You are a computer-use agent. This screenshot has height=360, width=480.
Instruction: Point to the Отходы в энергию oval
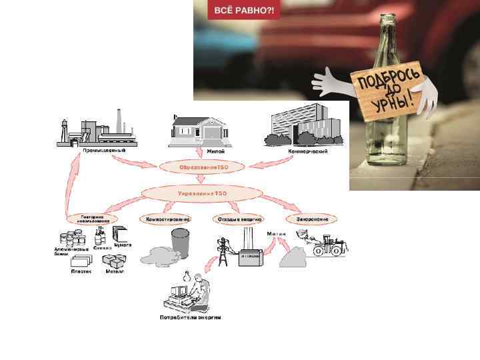click(x=239, y=218)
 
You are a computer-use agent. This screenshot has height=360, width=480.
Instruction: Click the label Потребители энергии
click(x=190, y=318)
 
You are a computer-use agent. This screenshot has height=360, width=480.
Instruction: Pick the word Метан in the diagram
click(x=276, y=234)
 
